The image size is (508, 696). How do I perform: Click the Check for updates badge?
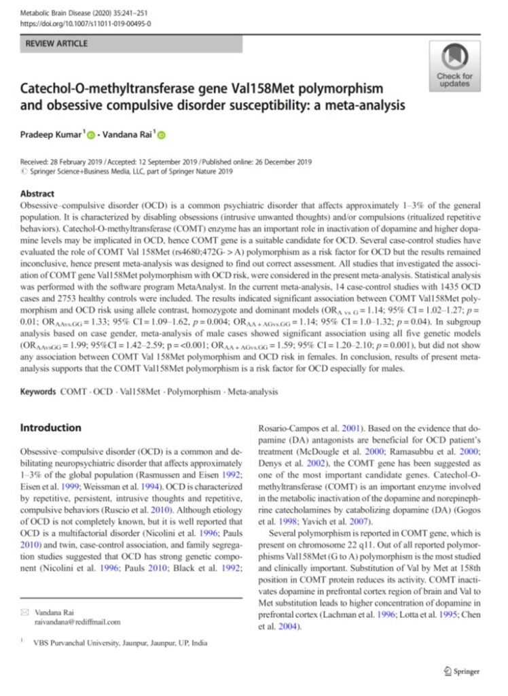click(x=454, y=66)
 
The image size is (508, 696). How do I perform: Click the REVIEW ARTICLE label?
click(x=56, y=44)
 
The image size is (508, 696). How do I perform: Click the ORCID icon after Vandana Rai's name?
click(x=162, y=135)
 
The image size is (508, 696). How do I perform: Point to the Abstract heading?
click(x=37, y=194)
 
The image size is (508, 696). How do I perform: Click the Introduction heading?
click(x=50, y=428)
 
